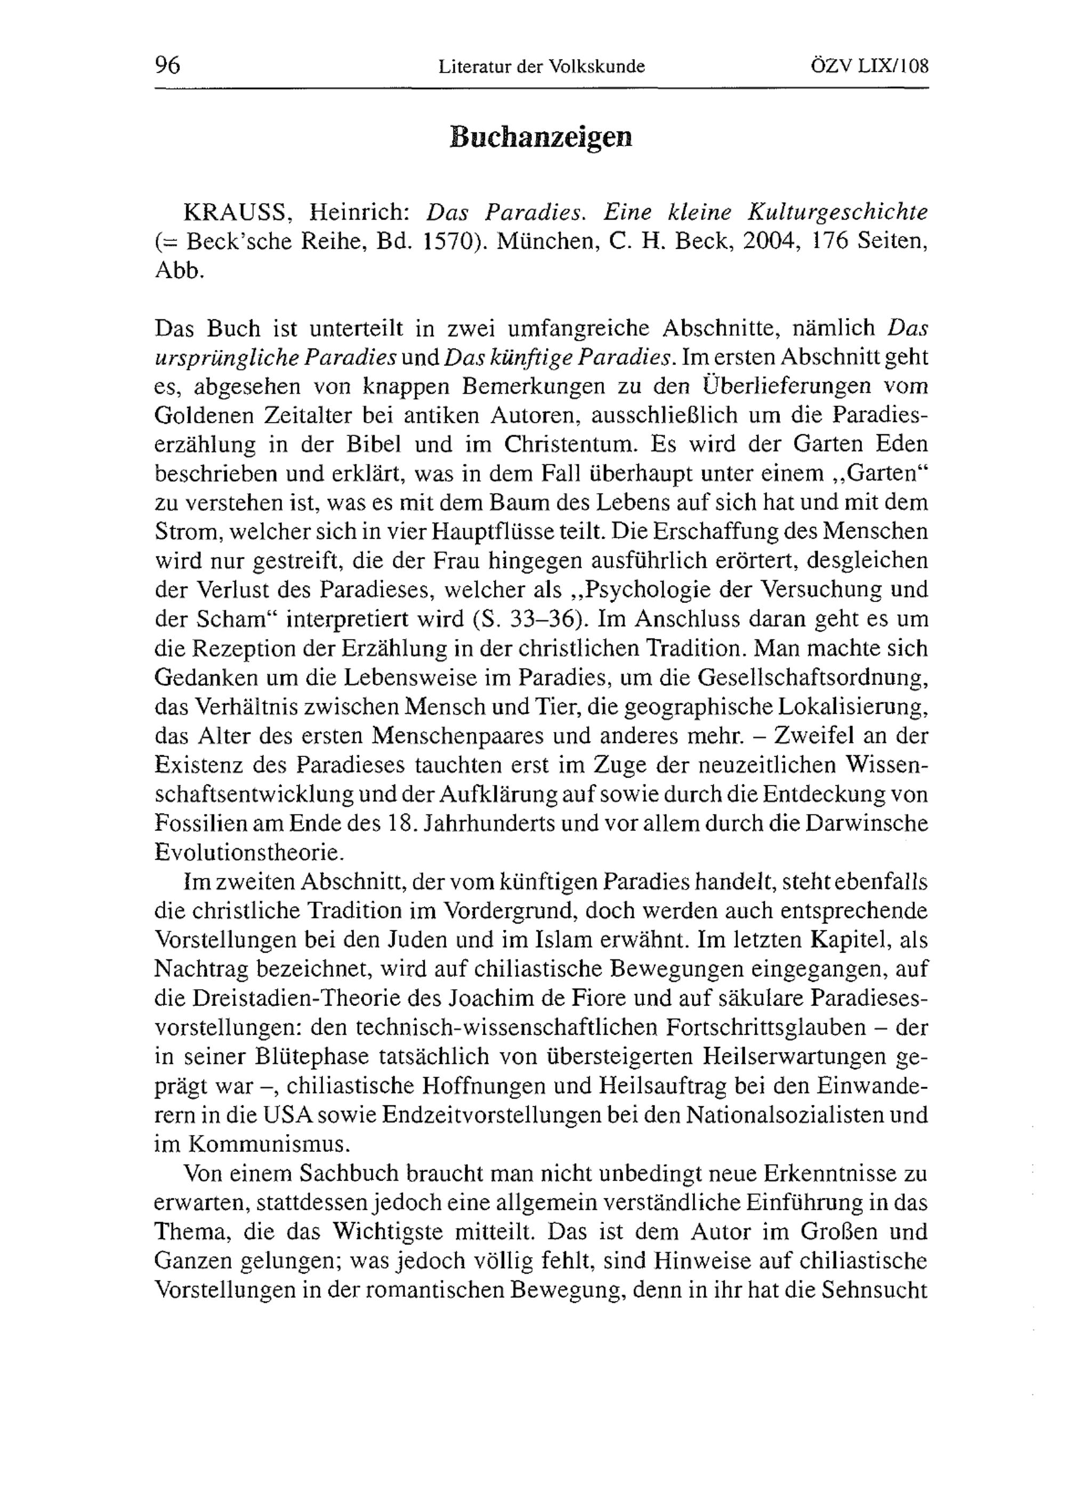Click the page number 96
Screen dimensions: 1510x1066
[168, 66]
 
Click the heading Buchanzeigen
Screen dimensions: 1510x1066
[540, 137]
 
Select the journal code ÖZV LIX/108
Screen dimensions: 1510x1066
[869, 66]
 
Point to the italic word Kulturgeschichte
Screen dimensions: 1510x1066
[838, 213]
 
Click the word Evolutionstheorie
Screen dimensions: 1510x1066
[248, 852]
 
